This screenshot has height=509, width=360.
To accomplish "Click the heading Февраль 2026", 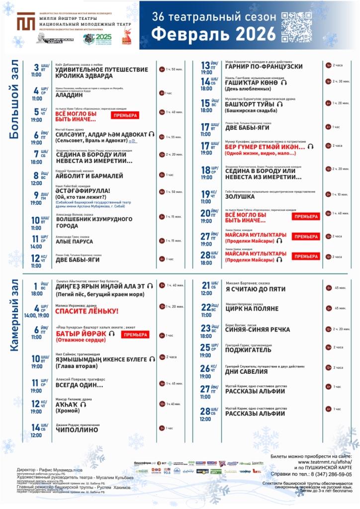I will point(213,34).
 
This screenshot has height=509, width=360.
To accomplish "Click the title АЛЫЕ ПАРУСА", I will point(75,242).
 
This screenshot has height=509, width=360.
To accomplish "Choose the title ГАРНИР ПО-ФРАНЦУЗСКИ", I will point(264,67).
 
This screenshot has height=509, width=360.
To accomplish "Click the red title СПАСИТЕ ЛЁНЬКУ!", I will point(87,311).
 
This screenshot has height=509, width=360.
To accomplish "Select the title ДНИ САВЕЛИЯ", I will point(247,371).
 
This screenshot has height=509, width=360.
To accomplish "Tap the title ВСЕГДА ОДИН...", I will point(80,385).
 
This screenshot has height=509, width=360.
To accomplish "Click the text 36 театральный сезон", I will point(213,16).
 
